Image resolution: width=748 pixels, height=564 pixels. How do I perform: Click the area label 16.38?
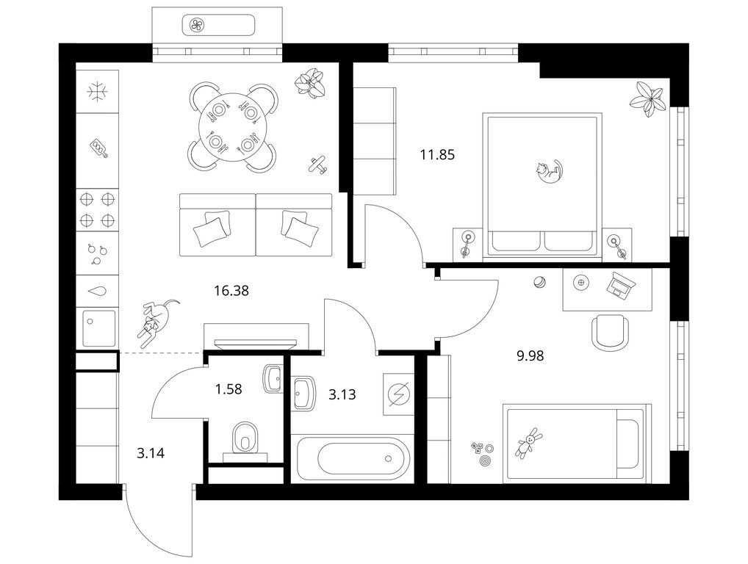(x=231, y=290)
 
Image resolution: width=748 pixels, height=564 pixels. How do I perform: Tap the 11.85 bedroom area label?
(x=437, y=154)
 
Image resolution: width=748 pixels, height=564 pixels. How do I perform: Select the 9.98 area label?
(x=530, y=355)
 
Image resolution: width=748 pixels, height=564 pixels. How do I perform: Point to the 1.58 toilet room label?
(x=229, y=389)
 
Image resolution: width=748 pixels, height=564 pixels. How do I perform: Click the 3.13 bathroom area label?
(x=342, y=394)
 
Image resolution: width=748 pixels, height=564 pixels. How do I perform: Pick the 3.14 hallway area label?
(x=151, y=452)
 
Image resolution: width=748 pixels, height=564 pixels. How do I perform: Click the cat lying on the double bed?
(x=549, y=171)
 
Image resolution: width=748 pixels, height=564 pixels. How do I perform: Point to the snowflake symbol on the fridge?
(x=98, y=91)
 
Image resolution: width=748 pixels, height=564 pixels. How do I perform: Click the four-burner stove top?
(x=97, y=209)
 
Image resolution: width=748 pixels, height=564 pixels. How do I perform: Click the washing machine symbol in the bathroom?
(x=398, y=394)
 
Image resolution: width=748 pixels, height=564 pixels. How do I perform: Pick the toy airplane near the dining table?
(x=318, y=165)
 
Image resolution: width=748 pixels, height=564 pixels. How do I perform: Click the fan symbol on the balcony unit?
(x=197, y=25)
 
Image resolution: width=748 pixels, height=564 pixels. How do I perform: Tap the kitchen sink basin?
(x=99, y=328)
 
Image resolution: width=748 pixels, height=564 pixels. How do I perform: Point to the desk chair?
(x=610, y=332)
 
